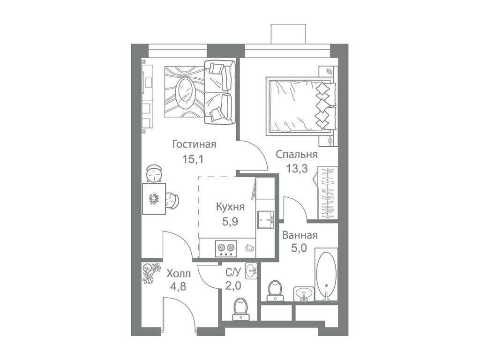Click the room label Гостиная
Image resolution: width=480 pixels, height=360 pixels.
pyautogui.click(x=194, y=144)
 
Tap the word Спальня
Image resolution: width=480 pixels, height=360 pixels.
pyautogui.click(x=297, y=154)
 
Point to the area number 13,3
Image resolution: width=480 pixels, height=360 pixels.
pyautogui.click(x=297, y=169)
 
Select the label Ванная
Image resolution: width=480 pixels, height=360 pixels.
pyautogui.click(x=300, y=235)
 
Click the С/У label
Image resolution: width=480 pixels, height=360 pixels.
pyautogui.click(x=233, y=272)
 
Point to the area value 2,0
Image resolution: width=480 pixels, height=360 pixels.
pyautogui.click(x=233, y=286)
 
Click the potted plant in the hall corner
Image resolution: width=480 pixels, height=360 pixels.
pyautogui.click(x=150, y=273)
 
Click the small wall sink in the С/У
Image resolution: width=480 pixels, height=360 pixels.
pyautogui.click(x=252, y=270)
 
